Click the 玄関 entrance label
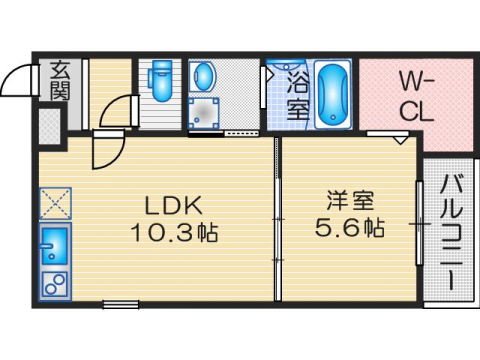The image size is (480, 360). [x=58, y=82]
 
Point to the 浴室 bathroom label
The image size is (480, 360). [x=298, y=92]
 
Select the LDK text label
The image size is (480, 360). [x=175, y=206]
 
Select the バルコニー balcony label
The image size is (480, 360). [x=450, y=232]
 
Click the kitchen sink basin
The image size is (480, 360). [x=54, y=244]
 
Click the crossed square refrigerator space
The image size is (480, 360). [x=54, y=205]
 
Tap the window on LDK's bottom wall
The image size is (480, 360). [x=120, y=303]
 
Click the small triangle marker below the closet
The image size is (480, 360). [x=398, y=141]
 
